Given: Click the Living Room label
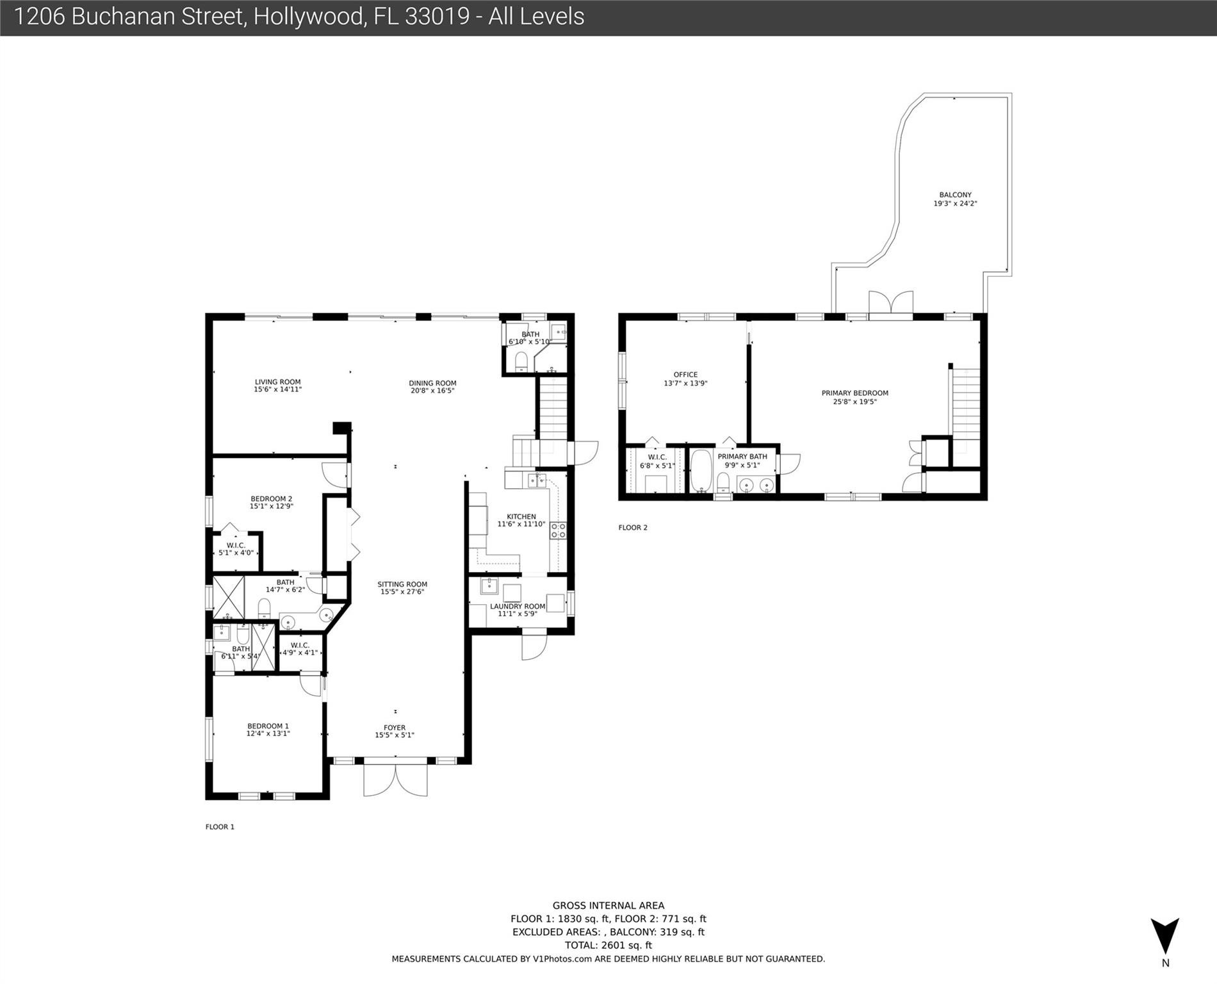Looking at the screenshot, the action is pos(277,382).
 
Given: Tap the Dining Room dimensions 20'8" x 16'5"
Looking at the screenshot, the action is pos(433,391).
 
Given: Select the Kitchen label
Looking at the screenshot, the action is pos(521,516).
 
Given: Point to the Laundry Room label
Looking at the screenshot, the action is pos(518,606).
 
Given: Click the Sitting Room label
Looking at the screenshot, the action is pos(402,584).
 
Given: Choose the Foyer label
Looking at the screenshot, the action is pos(395,728).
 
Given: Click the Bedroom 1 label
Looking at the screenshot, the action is pos(268,726).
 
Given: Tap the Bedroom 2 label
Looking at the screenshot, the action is pos(272,498).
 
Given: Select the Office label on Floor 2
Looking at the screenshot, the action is pos(685,375).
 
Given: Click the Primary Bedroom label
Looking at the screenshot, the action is pos(855,393).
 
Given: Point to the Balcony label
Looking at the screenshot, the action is pos(956,195).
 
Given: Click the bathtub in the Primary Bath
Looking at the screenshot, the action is pos(701,470).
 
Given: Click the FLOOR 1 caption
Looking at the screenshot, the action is pos(220,827).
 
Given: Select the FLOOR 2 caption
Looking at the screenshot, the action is pos(633,528).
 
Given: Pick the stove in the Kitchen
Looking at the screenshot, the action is pos(559,530).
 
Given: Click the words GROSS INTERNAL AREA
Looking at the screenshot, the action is pos(608,906).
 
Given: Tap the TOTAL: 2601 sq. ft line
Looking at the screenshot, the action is pos(608,945).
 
